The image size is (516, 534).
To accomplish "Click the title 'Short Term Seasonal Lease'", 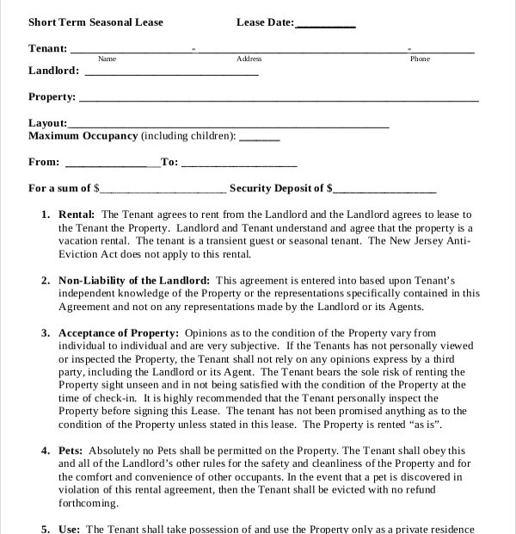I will pos(95,22).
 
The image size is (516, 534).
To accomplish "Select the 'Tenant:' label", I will pos(48,48).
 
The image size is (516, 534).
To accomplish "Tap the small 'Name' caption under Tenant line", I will pos(107,59).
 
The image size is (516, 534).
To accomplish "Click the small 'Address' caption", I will pos(249,59).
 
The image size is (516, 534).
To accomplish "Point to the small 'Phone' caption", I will pos(420,59).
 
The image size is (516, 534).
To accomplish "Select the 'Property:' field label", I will pos(52,97).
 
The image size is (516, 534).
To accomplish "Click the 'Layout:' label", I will pos(47,123).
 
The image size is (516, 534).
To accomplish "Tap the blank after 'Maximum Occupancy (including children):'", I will pos(259,138).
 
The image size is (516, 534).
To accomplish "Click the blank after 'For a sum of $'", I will pos(163,189).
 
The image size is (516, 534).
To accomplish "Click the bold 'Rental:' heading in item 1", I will pos(77,214).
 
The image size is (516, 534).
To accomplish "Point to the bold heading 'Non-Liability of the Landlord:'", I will pos(133,281).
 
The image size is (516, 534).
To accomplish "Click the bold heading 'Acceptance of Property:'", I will pos(119,333).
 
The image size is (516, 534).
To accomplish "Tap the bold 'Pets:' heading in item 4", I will pos(71,450).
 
